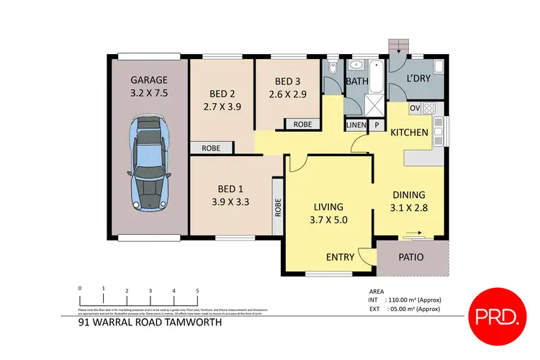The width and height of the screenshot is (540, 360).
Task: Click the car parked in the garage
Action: click(x=148, y=164)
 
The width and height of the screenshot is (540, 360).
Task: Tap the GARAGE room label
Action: click(x=149, y=80)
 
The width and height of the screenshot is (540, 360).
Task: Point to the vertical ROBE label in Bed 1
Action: click(x=276, y=208)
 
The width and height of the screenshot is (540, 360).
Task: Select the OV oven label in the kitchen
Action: click(x=415, y=109)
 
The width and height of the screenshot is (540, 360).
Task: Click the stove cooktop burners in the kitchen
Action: click(x=430, y=109)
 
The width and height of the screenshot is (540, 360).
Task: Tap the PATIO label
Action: click(x=411, y=257)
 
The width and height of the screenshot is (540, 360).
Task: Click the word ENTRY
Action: click(x=339, y=257)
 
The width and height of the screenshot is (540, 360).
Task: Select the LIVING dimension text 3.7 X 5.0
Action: click(x=328, y=221)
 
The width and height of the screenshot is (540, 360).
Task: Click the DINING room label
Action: click(x=408, y=194)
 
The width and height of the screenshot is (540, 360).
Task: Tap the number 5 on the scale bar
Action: click(x=197, y=291)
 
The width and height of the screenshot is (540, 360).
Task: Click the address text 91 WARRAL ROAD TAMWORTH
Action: click(x=149, y=323)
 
